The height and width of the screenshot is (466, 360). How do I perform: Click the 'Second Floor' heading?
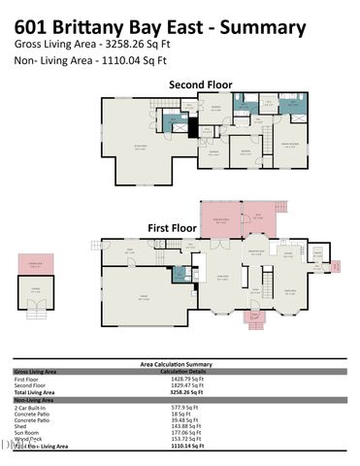point(201,85)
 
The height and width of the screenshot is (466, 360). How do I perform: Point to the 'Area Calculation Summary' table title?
point(180,364)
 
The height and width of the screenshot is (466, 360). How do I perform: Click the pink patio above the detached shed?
point(34,265)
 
